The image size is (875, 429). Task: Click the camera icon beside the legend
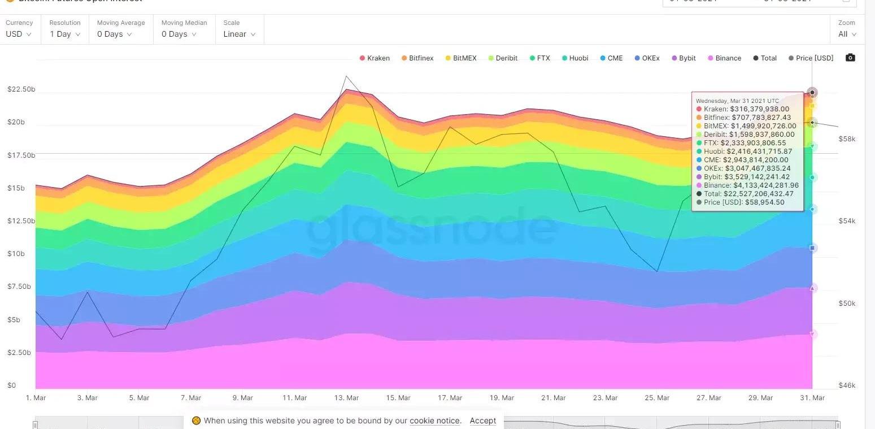[850, 58]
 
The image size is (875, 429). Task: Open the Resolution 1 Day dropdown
[64, 34]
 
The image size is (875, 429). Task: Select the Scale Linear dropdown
[239, 34]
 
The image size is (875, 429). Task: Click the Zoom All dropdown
[847, 34]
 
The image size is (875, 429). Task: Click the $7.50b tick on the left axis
[20, 287]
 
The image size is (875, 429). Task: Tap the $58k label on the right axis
[847, 139]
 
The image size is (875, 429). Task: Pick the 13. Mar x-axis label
[347, 398]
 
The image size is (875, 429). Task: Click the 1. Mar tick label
[36, 398]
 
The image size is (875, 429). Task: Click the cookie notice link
[434, 421]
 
